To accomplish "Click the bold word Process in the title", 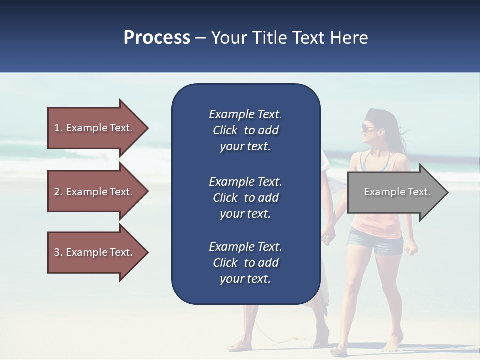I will (x=157, y=38).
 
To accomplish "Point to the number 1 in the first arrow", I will (x=57, y=128).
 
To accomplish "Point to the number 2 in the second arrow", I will (x=57, y=192).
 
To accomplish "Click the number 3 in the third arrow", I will (x=57, y=252).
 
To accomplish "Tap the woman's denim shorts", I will (x=376, y=242).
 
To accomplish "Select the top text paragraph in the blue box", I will (x=245, y=130).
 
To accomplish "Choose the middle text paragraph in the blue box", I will (x=245, y=198).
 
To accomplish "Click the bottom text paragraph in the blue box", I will (x=245, y=263).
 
